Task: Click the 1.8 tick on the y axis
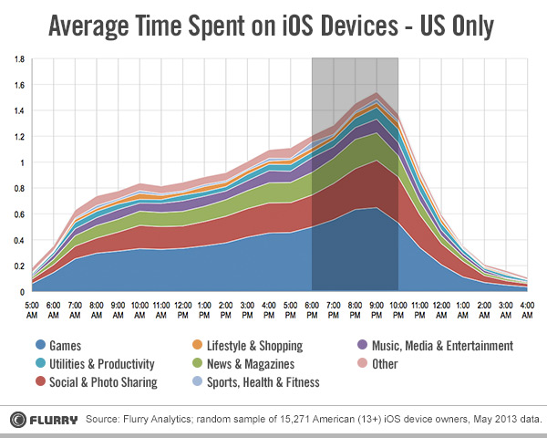click(19, 59)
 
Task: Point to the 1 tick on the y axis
click(24, 162)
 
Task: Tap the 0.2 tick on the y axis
click(19, 266)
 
